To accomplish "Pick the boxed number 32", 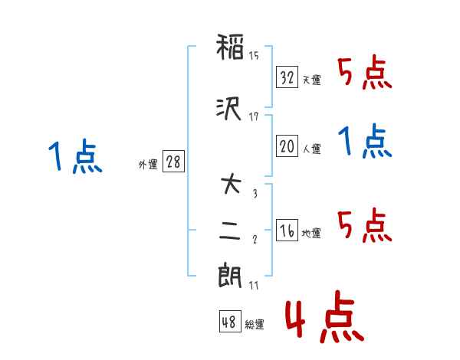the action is (287, 77).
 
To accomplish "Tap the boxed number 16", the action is (287, 231).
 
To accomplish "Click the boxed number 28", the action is (173, 162).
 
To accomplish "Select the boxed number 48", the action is (229, 322).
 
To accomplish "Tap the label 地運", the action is (311, 234).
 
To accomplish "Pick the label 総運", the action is (255, 325).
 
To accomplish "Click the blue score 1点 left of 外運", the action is (74, 158).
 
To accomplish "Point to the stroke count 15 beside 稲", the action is (254, 55).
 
